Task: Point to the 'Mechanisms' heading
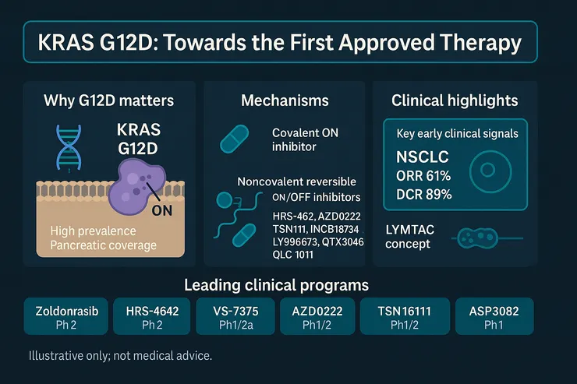tap(285, 100)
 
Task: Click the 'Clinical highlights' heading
tap(455, 100)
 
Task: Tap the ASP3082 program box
tap(494, 316)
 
